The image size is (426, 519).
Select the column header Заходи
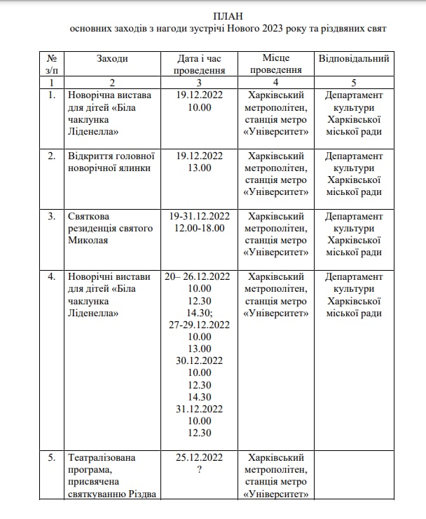coord(112,58)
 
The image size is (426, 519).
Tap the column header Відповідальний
coord(354,58)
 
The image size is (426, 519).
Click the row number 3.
coord(52,216)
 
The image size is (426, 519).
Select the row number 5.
coord(52,457)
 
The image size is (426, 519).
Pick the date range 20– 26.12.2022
coord(200,276)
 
